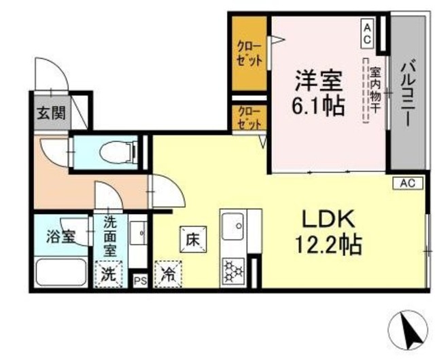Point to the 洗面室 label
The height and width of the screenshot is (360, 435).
coord(109,235)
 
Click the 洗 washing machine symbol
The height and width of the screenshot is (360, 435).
coord(109,276)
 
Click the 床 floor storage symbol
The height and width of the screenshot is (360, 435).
coord(192,239)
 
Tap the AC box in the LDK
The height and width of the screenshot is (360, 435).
coord(407,183)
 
